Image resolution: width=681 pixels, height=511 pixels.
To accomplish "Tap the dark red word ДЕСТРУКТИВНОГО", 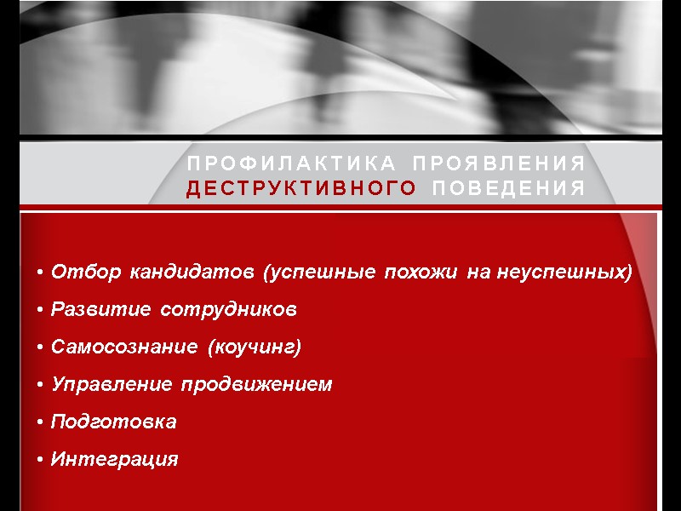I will click(x=302, y=189).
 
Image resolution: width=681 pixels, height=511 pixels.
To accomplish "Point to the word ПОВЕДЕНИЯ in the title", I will click(x=509, y=189).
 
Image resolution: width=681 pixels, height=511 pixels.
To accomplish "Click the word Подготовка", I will click(x=113, y=422).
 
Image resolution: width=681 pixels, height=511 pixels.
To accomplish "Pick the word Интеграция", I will click(x=114, y=460).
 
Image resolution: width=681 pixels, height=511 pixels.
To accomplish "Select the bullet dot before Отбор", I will click(x=41, y=273).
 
